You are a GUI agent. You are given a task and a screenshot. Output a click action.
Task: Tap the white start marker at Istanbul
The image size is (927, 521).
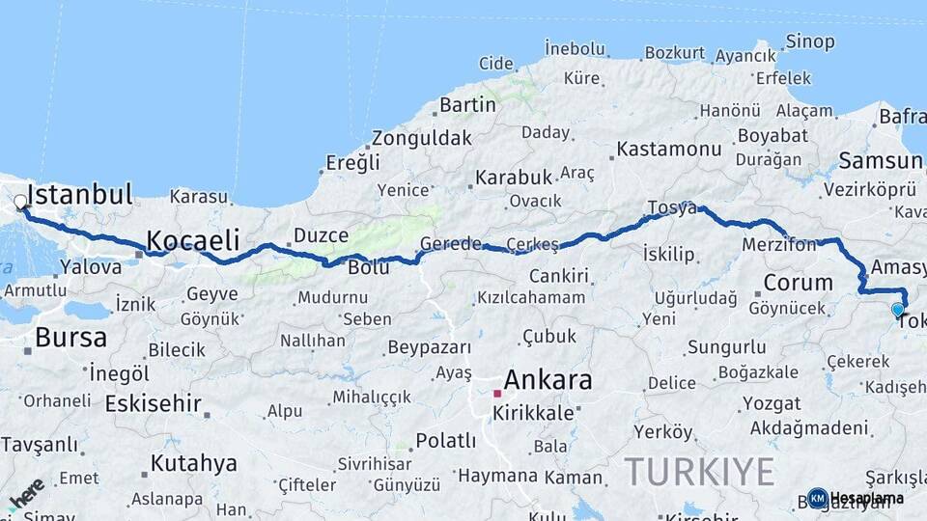pyautogui.click(x=20, y=203)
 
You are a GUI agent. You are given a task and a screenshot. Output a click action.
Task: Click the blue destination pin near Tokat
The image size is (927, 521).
pyautogui.click(x=898, y=310)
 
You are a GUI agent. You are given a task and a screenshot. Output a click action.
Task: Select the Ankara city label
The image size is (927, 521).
pyautogui.click(x=548, y=379)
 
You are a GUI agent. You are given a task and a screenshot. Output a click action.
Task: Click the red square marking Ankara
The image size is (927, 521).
pyautogui.click(x=497, y=394)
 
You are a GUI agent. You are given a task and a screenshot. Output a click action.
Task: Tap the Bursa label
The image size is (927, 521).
pyautogui.click(x=70, y=338)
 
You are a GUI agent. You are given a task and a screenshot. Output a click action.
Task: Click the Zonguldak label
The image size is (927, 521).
pyautogui.click(x=422, y=137)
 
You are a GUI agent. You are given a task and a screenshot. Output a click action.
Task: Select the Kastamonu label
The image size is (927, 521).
pyautogui.click(x=669, y=149)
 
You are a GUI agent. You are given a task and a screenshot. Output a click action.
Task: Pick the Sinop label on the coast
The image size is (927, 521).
pyautogui.click(x=809, y=41)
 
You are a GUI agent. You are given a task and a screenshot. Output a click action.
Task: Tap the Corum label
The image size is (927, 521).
pyautogui.click(x=798, y=283)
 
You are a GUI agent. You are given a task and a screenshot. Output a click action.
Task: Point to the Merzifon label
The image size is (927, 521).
pyautogui.click(x=779, y=245)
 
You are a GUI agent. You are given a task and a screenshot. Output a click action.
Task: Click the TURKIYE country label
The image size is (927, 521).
pyautogui.click(x=699, y=472)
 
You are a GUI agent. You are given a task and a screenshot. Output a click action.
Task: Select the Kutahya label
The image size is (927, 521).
pyautogui.click(x=193, y=463)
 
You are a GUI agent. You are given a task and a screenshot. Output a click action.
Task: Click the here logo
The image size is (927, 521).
pyautogui.click(x=26, y=494)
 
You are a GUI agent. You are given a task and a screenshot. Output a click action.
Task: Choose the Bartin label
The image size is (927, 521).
pyautogui.click(x=467, y=104)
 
